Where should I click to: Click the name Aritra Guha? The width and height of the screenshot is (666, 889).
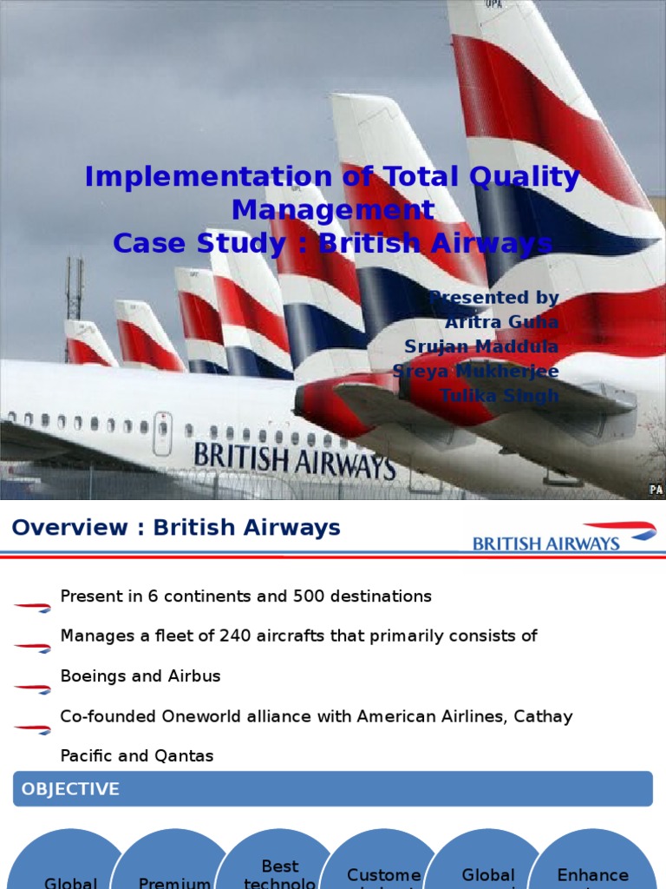[x=500, y=322]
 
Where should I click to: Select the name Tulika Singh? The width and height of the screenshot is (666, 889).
[x=499, y=396]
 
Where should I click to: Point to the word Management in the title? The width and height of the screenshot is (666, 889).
[x=333, y=210]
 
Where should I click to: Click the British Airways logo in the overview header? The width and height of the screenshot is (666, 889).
[x=564, y=537]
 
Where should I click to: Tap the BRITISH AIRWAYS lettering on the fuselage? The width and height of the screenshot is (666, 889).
[x=294, y=460]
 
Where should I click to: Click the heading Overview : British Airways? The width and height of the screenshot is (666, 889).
[x=176, y=528]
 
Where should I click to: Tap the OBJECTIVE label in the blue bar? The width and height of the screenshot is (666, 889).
[x=70, y=789]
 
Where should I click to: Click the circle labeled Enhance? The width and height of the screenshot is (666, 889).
[x=593, y=868]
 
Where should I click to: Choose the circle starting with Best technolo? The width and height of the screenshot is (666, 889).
[x=279, y=868]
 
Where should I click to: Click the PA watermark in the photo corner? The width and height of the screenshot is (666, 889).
[x=656, y=491]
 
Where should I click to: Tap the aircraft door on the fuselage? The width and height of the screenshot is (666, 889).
[x=162, y=432]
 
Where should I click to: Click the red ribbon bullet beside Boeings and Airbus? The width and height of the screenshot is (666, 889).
[x=32, y=688]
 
